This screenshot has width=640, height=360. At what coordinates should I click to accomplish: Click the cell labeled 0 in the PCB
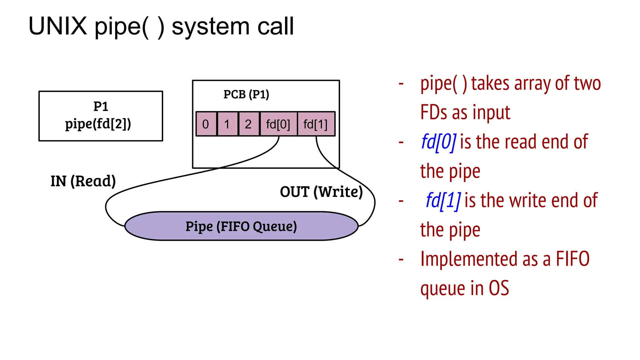click(206, 124)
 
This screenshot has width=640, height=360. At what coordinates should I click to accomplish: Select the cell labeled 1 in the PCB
click(227, 124)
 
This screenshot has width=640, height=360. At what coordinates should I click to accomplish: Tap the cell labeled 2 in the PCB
click(248, 124)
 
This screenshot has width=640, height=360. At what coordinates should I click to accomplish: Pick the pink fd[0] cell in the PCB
click(278, 124)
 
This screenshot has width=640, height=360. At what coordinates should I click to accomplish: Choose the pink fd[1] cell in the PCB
click(316, 124)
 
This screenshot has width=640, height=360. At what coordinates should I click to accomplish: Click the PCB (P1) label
click(246, 94)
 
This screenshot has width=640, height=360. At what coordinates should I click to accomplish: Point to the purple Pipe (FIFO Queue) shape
click(241, 226)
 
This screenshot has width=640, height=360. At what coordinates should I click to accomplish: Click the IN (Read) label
click(83, 181)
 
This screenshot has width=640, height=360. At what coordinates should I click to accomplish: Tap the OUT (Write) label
click(321, 192)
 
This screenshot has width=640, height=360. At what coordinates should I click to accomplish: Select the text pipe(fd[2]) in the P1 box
click(98, 124)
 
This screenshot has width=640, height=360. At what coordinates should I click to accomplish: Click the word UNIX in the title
click(58, 26)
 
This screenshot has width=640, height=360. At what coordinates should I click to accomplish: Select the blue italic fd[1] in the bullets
click(443, 201)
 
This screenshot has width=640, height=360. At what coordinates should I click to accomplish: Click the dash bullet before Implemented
click(401, 259)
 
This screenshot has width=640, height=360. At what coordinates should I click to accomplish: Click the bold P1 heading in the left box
click(101, 107)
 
